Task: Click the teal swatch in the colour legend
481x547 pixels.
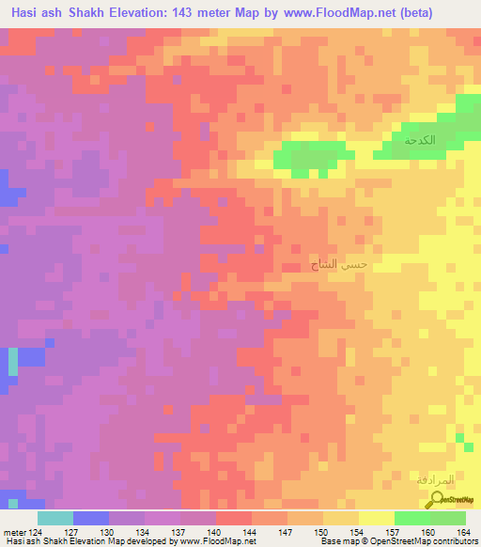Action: click(x=55, y=517)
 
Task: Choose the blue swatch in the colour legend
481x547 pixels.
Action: click(x=91, y=517)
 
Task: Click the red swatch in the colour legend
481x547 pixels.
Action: click(x=234, y=517)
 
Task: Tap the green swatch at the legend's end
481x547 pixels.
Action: click(x=448, y=517)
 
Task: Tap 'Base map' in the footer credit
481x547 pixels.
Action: click(x=337, y=541)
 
